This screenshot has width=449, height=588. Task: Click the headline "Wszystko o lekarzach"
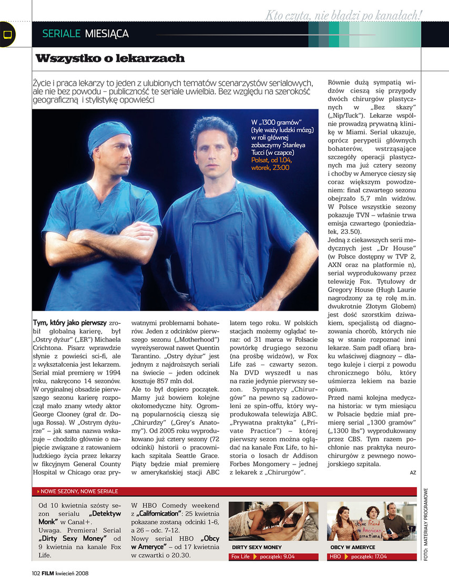click(110, 58)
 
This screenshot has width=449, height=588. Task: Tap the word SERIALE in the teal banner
click(62, 34)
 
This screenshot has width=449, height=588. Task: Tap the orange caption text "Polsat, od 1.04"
click(273, 160)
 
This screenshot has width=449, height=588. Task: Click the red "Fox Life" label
click(241, 556)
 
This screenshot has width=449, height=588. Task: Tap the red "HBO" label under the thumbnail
click(335, 556)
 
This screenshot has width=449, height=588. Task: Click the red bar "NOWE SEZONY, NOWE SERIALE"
click(79, 491)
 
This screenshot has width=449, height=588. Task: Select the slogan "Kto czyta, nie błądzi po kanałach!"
click(343, 16)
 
